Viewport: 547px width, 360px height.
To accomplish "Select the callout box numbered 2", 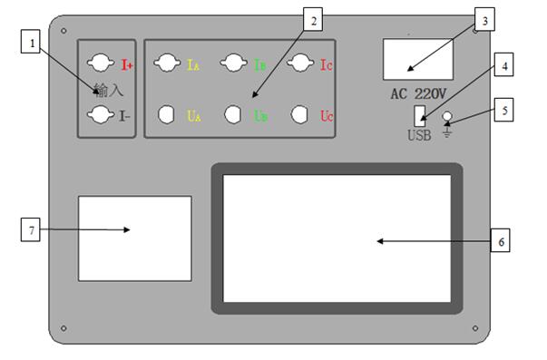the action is coord(313,19).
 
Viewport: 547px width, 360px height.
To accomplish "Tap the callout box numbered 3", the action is coord(484,19).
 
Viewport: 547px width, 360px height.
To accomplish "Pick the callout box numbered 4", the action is coord(503,64).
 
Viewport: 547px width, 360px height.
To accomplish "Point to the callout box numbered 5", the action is coord(503,110).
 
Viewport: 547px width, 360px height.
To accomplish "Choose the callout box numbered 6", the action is coord(500,240).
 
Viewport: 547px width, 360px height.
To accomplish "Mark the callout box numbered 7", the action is coord(31,229).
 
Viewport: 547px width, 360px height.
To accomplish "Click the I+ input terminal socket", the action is coord(101,63).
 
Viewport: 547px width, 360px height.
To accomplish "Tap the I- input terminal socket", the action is coord(101,114).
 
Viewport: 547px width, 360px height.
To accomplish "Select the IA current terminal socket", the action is coord(167,63).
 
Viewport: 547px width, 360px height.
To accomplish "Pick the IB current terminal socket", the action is coord(234,63).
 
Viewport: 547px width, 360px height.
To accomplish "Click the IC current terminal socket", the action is coord(300,63).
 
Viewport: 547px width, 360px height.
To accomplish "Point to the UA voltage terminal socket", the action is coord(166,114).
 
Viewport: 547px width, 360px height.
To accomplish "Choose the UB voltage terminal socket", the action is coord(232,114).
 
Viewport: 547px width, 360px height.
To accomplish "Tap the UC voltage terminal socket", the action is coord(299,114).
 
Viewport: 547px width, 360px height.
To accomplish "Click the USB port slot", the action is coord(420,116).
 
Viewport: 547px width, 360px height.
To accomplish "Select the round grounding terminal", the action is coord(447,116).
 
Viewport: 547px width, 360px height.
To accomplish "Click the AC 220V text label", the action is coord(418,93).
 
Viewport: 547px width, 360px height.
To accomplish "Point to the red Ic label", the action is coord(327,65).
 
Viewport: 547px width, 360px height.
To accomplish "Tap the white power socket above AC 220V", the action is coord(418,59).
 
